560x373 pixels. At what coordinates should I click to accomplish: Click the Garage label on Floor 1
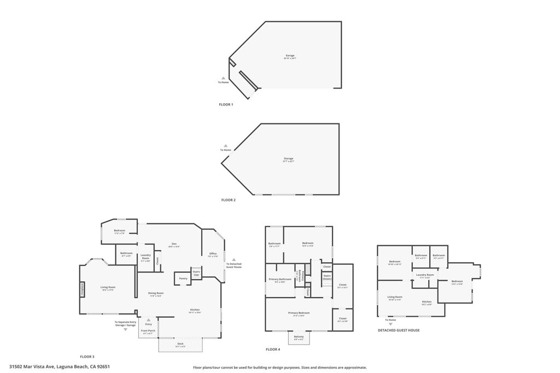pyautogui.click(x=290, y=56)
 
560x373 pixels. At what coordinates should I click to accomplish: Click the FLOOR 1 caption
pyautogui.click(x=226, y=104)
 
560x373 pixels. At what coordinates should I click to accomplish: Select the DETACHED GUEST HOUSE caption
pyautogui.click(x=399, y=330)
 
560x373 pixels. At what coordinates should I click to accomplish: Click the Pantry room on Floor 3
pyautogui.click(x=183, y=278)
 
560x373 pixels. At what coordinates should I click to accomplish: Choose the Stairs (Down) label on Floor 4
pyautogui.click(x=327, y=277)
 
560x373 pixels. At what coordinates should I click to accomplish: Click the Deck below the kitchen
pyautogui.click(x=180, y=345)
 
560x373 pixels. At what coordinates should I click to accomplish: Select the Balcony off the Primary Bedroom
pyautogui.click(x=299, y=338)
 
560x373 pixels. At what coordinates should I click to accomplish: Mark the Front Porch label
pyautogui.click(x=148, y=331)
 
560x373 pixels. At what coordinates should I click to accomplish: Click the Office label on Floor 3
pyautogui.click(x=213, y=254)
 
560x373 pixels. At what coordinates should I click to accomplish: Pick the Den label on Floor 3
pyautogui.click(x=174, y=244)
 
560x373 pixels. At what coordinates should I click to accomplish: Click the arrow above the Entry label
pyautogui.click(x=148, y=320)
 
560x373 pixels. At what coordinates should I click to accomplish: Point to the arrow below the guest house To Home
pyautogui.click(x=390, y=324)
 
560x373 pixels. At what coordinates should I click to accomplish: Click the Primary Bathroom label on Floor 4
pyautogui.click(x=280, y=280)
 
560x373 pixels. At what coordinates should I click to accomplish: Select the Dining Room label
pyautogui.click(x=156, y=293)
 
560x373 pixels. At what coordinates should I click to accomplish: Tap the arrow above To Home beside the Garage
pyautogui.click(x=223, y=78)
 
